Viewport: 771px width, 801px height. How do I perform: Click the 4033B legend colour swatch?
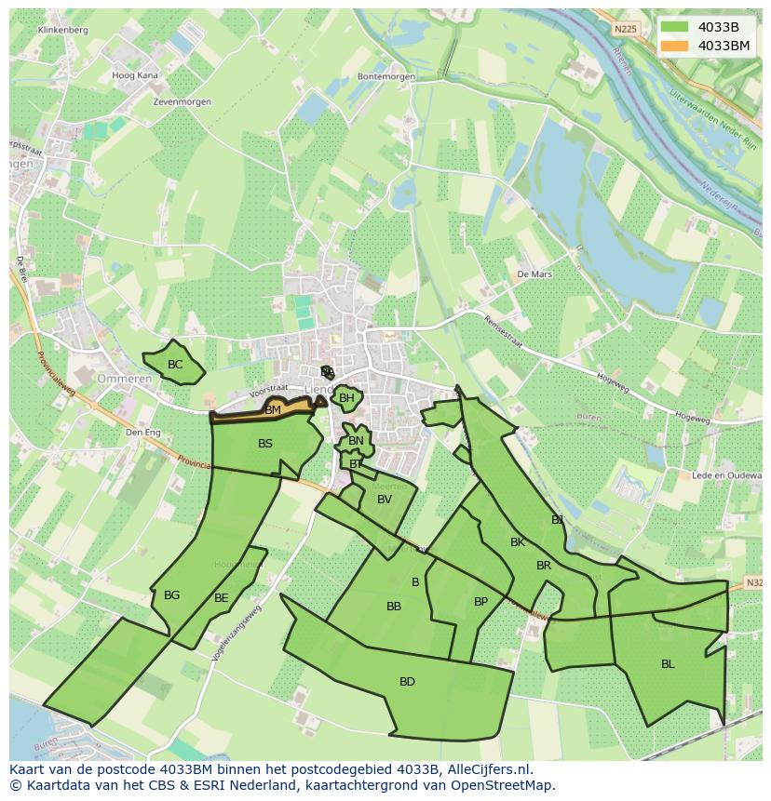674,27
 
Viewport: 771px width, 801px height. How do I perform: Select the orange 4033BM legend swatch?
674,46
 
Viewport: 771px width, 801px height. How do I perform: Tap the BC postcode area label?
175,365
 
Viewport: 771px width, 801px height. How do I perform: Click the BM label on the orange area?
273,410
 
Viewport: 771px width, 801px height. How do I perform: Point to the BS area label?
265,444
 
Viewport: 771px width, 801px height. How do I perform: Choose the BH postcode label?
346,398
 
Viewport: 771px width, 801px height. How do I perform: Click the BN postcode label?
356,441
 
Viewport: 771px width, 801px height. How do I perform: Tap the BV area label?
385,500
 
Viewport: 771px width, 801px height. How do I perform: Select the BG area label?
171,595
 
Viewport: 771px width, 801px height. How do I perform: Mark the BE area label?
221,598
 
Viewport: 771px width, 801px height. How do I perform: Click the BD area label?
407,682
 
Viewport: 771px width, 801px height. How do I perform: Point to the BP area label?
480,602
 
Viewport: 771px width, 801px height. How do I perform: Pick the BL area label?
668,664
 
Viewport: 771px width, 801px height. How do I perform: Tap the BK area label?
518,542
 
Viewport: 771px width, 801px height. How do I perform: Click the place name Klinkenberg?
63,30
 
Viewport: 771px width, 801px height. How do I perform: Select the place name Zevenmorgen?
183,101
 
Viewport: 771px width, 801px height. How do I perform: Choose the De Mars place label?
534,274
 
